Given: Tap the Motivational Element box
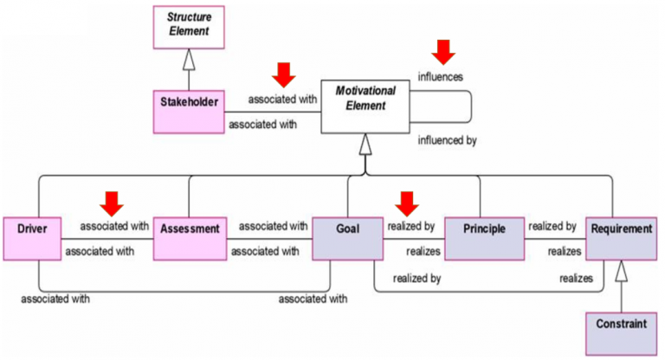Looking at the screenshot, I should click(365, 109).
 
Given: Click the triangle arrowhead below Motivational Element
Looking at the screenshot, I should click(365, 147).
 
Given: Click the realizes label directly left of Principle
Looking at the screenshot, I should click(423, 251).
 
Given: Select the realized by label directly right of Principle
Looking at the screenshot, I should click(552, 226).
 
